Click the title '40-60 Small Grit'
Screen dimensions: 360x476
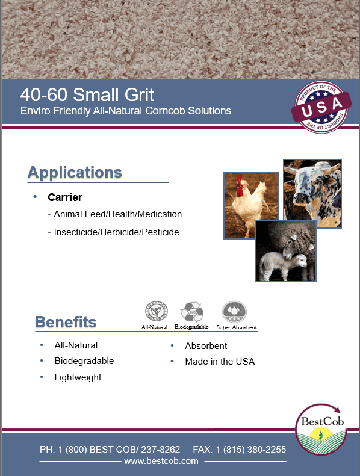tap(87, 94)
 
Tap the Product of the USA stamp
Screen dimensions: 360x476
tap(321, 107)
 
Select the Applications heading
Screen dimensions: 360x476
tap(75, 173)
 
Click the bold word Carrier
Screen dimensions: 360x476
tap(65, 197)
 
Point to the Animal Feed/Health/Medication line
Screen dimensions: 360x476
tap(118, 214)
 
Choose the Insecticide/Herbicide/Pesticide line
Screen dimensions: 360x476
tap(116, 232)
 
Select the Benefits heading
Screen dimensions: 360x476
tap(66, 322)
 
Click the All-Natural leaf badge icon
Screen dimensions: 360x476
tap(157, 312)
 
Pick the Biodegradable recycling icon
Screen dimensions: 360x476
tap(192, 312)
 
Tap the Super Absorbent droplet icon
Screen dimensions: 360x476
tap(234, 312)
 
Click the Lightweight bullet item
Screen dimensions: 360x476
tap(78, 377)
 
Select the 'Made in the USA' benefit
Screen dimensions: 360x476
tap(220, 362)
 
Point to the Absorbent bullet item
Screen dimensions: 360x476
tap(206, 346)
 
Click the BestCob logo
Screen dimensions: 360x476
tap(321, 429)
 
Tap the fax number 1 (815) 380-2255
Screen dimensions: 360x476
tap(251, 450)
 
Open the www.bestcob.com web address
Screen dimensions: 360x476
tap(161, 461)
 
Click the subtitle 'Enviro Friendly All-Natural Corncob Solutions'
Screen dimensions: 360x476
tap(126, 111)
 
